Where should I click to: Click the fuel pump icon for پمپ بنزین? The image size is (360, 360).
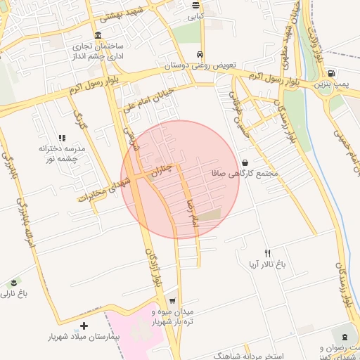point(330,73)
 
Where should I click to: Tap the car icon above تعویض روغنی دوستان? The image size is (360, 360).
point(200,54)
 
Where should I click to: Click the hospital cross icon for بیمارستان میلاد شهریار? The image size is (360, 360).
point(84,326)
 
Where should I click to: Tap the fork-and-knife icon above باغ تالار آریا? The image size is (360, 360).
point(267,253)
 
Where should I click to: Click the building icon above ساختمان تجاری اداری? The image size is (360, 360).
point(97,36)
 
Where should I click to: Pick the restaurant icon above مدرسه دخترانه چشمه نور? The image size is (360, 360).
point(62,139)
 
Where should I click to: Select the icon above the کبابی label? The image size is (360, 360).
point(195,5)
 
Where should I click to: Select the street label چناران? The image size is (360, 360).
point(163,169)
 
